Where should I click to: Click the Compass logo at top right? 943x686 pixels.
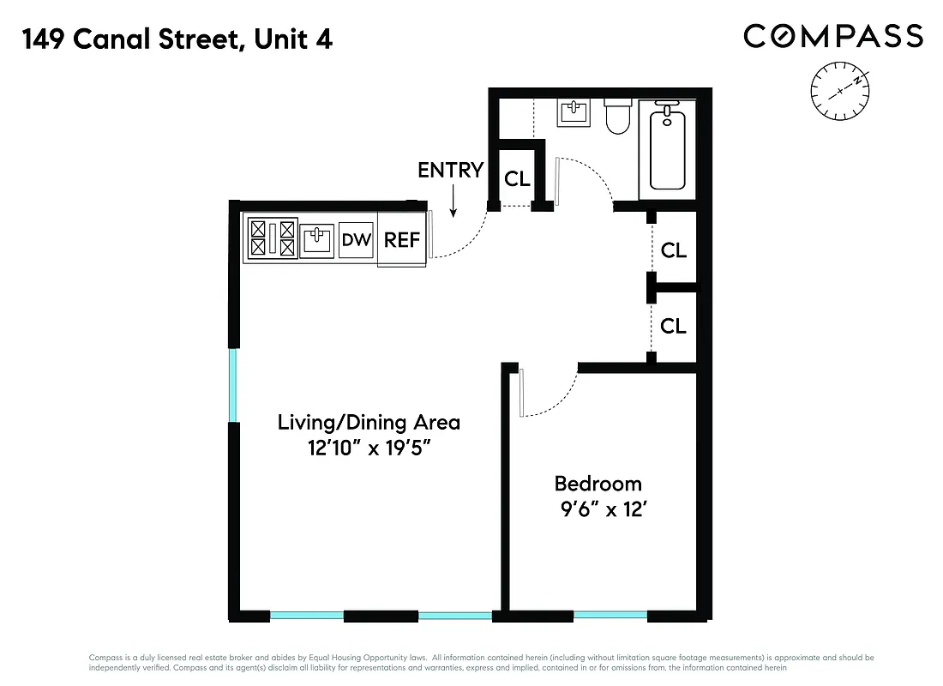[x=832, y=36]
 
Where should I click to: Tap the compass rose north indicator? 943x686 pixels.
[x=840, y=91]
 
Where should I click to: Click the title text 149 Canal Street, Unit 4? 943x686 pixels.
[x=177, y=39]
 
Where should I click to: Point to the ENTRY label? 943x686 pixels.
[x=451, y=170]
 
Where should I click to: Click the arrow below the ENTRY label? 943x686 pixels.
[x=453, y=202]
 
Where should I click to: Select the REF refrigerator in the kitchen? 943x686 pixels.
[x=402, y=240]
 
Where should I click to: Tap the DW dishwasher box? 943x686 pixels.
[x=357, y=240]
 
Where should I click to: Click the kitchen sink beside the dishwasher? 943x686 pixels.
[x=317, y=239]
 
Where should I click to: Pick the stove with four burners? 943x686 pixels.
[x=272, y=238]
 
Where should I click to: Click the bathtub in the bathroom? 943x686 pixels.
[x=668, y=147]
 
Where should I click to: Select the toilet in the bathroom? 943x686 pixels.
[x=618, y=117]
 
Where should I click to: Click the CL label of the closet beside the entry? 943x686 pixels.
[x=517, y=179]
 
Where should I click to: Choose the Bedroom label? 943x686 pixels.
[x=598, y=484]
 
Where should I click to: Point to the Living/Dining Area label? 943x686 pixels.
[x=369, y=423]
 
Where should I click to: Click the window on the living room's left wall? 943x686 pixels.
[x=232, y=385]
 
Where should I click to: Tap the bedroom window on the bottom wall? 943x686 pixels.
[x=610, y=615]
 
